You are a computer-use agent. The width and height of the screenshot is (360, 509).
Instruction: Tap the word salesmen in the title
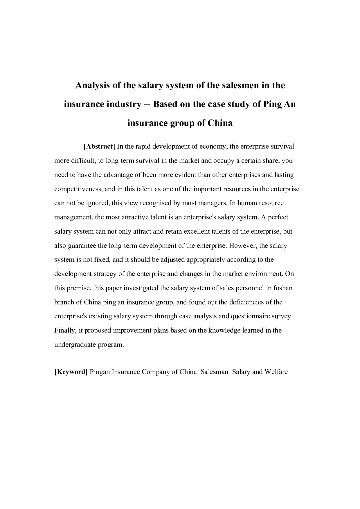[x=227, y=86]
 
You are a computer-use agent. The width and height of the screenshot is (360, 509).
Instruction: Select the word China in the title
[x=220, y=123]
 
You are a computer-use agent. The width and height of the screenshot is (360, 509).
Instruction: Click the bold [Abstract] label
[x=99, y=147]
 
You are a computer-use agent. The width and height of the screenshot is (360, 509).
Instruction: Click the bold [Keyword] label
[x=71, y=372]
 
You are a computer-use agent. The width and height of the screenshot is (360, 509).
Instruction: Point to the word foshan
[x=283, y=288]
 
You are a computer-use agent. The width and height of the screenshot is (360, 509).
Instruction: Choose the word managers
[x=213, y=203]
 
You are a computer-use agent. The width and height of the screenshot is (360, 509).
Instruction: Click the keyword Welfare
[x=276, y=372]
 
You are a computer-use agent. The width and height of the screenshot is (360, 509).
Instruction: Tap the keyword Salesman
[x=215, y=372]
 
